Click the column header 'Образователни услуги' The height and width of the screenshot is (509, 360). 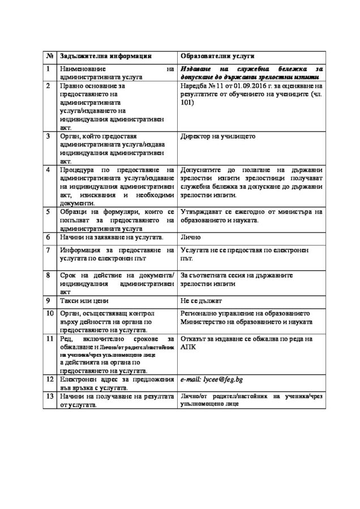[x=217, y=57]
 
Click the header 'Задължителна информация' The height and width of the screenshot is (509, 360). [x=105, y=57]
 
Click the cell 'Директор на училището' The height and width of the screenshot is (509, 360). [x=218, y=136]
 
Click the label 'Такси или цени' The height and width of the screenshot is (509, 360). [x=85, y=300]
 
